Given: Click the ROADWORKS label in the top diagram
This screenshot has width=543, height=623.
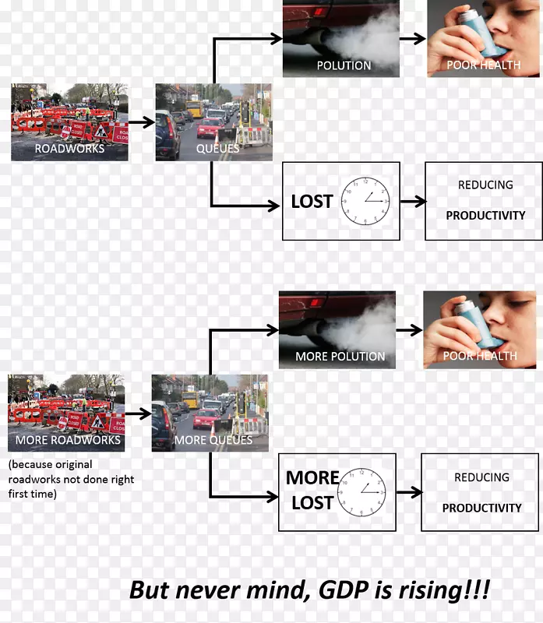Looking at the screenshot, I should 69,148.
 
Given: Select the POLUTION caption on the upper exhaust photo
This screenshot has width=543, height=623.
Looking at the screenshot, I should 344,65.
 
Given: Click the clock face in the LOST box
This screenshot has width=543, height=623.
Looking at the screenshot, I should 365,200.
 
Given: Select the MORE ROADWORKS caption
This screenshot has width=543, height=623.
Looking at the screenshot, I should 69,440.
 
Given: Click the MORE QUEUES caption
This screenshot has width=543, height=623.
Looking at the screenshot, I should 213,440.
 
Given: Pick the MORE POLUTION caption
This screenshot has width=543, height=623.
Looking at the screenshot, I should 340,357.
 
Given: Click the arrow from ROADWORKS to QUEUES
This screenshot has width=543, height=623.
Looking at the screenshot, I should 141,122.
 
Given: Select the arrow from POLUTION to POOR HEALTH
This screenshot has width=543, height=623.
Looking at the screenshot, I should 413,38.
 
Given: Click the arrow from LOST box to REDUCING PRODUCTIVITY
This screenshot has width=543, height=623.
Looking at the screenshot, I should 412,202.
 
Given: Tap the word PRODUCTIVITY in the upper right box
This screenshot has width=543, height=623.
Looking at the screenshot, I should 485,215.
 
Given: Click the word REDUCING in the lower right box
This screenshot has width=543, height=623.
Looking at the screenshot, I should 482,477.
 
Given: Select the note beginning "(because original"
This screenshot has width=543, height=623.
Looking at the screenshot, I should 71,479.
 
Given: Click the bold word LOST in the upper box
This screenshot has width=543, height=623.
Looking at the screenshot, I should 312,201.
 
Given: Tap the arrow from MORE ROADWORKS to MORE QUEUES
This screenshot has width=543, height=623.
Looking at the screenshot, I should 138,414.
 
